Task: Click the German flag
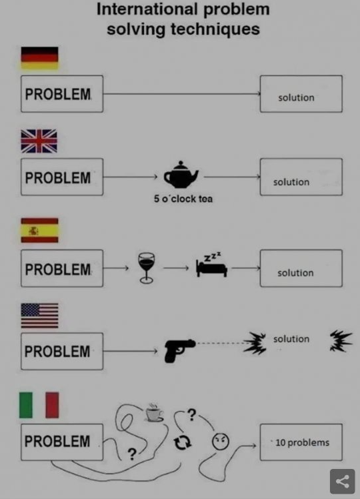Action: point(39,58)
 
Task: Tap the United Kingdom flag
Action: point(39,141)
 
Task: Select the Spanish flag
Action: point(39,230)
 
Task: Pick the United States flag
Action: point(39,316)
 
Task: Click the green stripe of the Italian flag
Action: point(26,405)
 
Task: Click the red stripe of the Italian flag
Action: point(52,405)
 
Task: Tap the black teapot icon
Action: point(181,175)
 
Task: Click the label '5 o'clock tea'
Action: point(183,199)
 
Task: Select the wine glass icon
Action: point(146,268)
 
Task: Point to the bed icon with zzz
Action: point(212,266)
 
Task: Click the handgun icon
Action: point(180,351)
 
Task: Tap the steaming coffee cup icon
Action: point(155,413)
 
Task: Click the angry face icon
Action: point(221,442)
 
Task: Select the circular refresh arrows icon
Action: point(182,442)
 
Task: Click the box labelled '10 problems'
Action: point(301,442)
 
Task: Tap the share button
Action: point(342,481)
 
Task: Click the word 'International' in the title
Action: point(147,9)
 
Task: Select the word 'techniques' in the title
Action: point(215,29)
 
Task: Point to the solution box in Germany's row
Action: point(301,94)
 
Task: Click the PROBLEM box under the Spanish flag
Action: point(62,268)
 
